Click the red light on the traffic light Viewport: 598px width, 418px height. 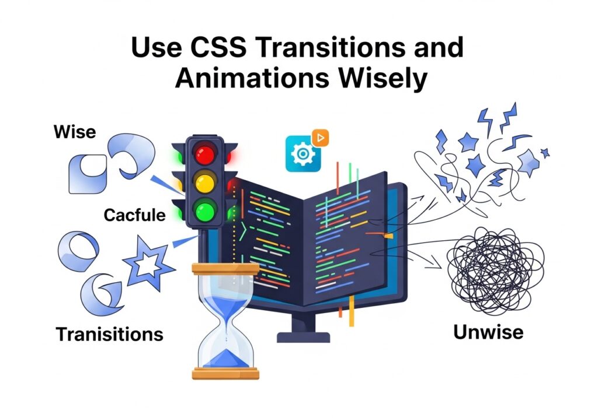click(205, 154)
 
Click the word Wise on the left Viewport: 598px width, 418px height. click(74, 132)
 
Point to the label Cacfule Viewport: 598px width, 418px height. click(134, 215)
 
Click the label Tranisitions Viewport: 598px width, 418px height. click(109, 334)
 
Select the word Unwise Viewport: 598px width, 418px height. click(488, 332)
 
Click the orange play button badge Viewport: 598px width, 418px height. click(320, 138)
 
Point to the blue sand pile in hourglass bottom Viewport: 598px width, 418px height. click(224, 356)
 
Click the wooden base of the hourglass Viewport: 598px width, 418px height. click(224, 373)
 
